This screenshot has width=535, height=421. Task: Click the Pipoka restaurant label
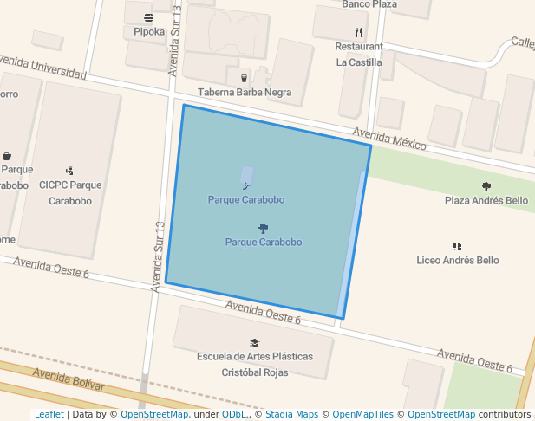[x=149, y=32]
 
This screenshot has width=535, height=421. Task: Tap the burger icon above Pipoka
[x=149, y=17]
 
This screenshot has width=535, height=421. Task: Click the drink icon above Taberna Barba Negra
[x=244, y=78]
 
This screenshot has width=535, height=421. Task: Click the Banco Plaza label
[x=369, y=4]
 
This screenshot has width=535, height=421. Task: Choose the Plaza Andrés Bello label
[x=486, y=201]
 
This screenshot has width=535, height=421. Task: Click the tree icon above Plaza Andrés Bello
[x=486, y=186]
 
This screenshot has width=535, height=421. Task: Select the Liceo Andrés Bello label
[x=457, y=260]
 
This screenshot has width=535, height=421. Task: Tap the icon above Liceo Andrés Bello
[x=457, y=246]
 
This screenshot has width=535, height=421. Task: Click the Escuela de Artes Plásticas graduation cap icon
[x=254, y=343]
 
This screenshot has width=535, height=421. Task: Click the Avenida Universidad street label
[x=43, y=68]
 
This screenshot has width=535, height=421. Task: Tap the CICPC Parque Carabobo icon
[x=69, y=171]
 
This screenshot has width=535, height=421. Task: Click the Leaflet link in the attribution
[x=49, y=415]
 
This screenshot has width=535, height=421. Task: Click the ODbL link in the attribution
[x=235, y=415]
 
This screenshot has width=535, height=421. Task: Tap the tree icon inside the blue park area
[x=263, y=229]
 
